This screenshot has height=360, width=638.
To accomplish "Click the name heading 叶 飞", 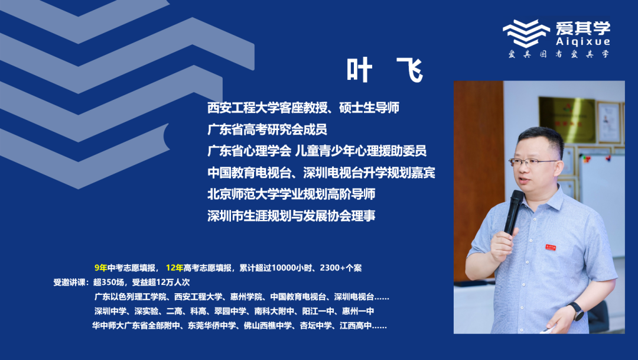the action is tap(385, 70).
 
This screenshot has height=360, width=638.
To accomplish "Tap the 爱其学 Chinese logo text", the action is tap(582, 28).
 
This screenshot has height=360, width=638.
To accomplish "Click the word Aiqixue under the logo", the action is tap(582, 41).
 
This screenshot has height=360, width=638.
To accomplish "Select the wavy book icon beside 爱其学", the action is tap(526, 33).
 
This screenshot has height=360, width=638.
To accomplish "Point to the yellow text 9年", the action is tap(101, 268).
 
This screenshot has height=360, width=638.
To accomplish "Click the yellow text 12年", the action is tap(174, 268).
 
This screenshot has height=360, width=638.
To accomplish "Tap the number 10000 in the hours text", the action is tap(283, 268).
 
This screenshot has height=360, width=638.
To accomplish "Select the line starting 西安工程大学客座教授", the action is tap(303, 108).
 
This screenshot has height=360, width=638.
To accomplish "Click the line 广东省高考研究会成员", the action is tap(268, 129).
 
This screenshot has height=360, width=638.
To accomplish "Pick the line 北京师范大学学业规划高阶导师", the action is tap(291, 194).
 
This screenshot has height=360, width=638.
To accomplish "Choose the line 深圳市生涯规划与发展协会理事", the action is tap(291, 215).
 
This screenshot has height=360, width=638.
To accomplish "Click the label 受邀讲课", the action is tap(70, 282).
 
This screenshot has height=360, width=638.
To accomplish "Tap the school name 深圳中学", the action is tap(110, 311).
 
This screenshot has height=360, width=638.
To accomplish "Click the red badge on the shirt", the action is tap(551, 247).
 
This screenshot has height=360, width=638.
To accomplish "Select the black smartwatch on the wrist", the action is tap(575, 312).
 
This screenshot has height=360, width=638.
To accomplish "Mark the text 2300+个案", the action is tap(341, 268).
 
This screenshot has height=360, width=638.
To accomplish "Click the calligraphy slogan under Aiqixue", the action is tap(559, 54).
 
